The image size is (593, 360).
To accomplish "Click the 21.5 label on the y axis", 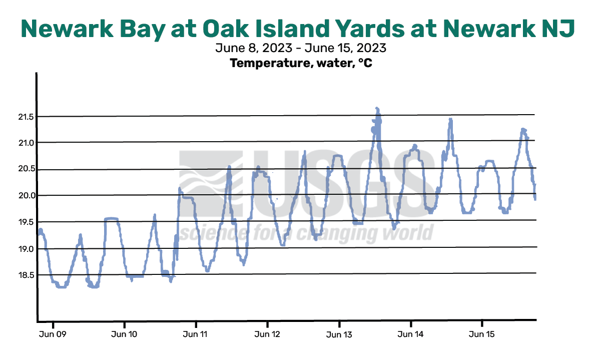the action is click(x=26, y=117).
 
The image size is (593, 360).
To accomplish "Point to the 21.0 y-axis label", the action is click(x=26, y=143).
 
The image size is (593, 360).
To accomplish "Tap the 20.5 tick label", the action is click(x=26, y=169).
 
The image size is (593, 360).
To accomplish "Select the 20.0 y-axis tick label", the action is click(x=26, y=196).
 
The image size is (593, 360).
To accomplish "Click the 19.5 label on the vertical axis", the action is click(x=26, y=222).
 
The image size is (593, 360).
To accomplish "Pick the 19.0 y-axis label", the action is click(x=26, y=249).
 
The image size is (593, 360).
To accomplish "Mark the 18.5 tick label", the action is click(x=26, y=275).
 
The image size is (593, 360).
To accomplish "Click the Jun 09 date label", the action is click(x=53, y=334).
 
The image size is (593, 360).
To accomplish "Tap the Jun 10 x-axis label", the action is click(x=124, y=334).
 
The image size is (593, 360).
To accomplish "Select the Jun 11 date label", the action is click(x=195, y=334).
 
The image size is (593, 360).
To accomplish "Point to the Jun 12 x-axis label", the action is click(x=267, y=334).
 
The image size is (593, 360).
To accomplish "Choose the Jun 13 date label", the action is click(x=339, y=334).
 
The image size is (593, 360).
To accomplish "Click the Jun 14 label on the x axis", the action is click(x=410, y=334).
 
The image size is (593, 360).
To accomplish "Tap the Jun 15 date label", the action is click(x=481, y=334).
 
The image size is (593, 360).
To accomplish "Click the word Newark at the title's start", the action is click(x=67, y=29).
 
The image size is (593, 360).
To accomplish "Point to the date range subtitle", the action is click(x=301, y=48).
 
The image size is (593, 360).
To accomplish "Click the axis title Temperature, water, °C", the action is click(x=301, y=63).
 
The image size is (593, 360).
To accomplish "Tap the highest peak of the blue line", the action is click(x=377, y=109).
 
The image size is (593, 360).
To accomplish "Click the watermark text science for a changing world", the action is click(x=306, y=232).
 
